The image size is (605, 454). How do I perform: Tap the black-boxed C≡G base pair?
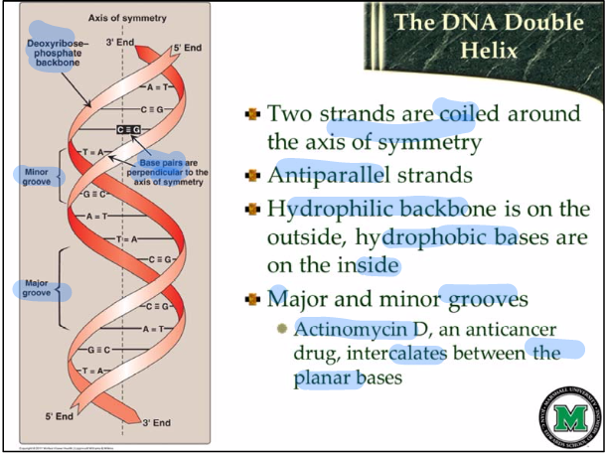pos(128,130)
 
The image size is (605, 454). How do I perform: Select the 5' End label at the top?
pos(186,48)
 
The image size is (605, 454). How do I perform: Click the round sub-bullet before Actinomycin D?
pos(281,330)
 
